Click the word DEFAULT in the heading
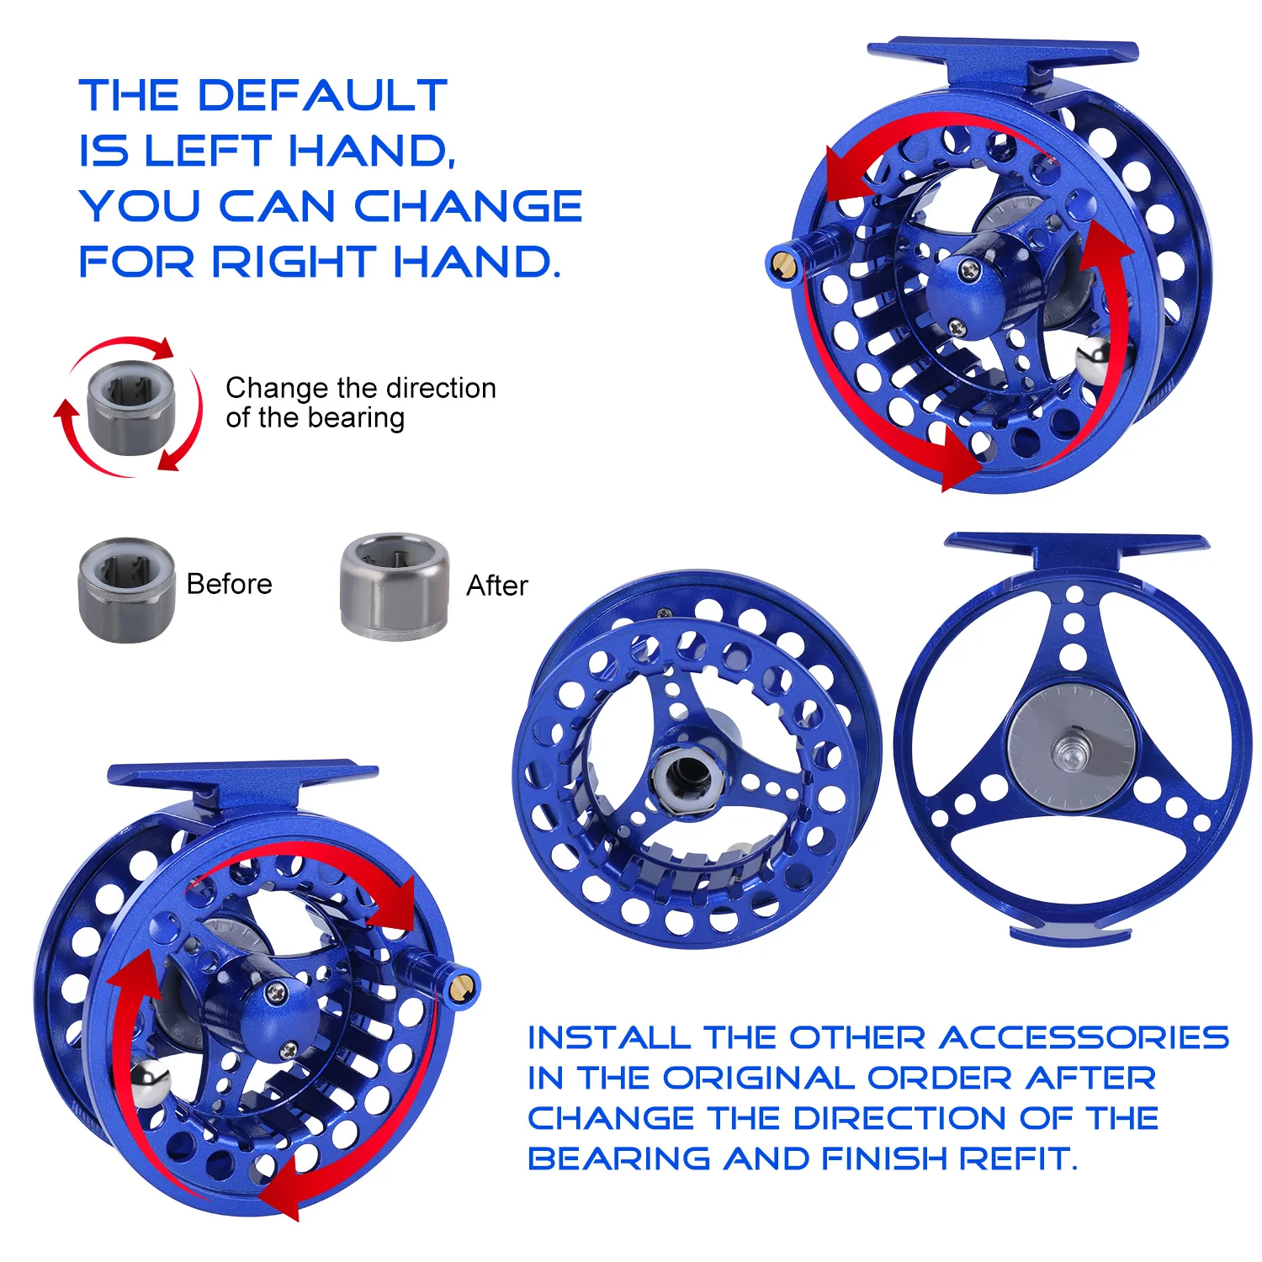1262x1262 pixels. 321,95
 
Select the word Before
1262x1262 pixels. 230,584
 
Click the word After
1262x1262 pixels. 497,586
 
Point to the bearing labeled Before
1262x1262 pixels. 127,590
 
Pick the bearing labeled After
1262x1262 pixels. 394,586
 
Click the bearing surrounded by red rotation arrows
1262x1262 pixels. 132,407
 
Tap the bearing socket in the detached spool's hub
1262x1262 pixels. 688,774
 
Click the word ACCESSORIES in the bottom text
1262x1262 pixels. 1084,1037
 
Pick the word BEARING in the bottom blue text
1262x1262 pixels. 622,1159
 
